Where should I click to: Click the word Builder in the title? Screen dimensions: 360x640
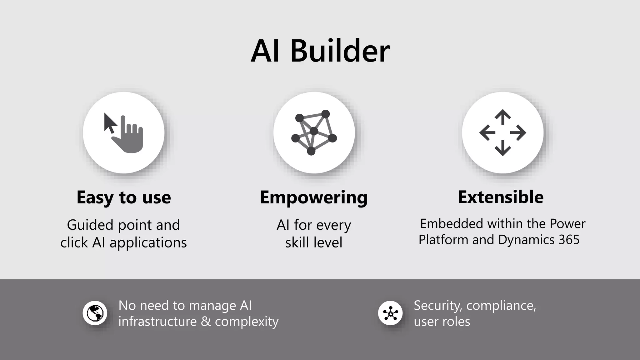point(340,51)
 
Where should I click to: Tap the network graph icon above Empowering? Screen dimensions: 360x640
point(314,132)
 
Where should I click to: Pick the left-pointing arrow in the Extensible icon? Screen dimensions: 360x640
point(487,133)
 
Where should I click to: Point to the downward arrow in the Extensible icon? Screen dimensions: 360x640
point(502,148)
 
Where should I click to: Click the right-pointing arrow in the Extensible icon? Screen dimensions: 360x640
point(518,133)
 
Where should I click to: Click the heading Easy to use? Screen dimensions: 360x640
point(124,197)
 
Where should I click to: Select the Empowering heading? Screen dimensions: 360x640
point(314,197)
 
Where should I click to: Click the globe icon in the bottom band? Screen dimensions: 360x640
point(95,313)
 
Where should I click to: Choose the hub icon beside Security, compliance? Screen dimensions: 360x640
point(390,313)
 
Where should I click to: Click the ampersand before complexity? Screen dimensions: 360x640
point(206,322)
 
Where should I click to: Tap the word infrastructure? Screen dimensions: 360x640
point(157,322)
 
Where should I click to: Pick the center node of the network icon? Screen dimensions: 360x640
point(314,131)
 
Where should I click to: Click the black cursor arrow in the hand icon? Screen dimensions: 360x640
point(109,123)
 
